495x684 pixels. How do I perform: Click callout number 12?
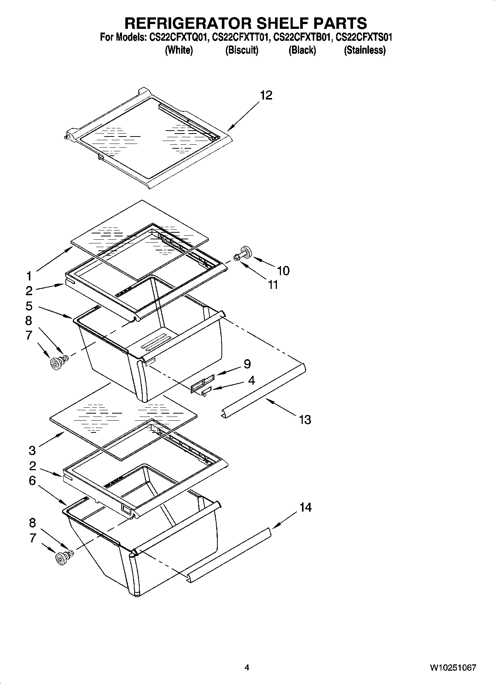[x=266, y=95]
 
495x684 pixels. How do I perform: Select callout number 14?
[x=305, y=507]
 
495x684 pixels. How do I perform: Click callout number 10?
[x=283, y=271]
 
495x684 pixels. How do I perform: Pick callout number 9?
[x=247, y=364]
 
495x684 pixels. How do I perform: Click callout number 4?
[x=251, y=380]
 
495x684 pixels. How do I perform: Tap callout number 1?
[x=29, y=276]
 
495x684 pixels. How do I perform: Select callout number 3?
[x=32, y=450]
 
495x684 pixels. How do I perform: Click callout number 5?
[x=29, y=306]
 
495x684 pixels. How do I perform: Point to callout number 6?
[x=32, y=481]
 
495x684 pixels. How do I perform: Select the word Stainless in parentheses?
[x=365, y=50]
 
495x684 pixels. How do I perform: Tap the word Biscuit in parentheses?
[x=242, y=50]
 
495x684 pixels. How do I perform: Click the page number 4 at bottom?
[x=247, y=668]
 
